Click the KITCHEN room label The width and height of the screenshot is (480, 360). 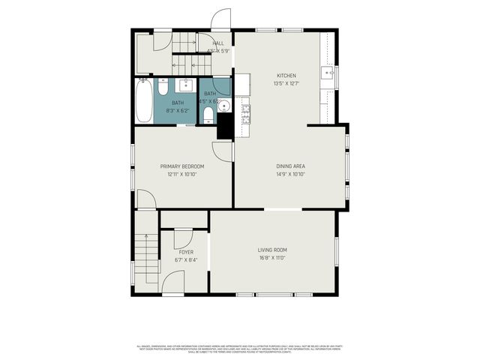pyautogui.click(x=286, y=76)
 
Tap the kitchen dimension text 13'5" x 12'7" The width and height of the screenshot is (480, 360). pyautogui.click(x=286, y=83)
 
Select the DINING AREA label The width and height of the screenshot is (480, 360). pyautogui.click(x=289, y=166)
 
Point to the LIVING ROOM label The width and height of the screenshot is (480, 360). pyautogui.click(x=272, y=250)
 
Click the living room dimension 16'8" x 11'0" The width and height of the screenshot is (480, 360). pyautogui.click(x=272, y=258)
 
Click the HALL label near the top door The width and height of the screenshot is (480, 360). pyautogui.click(x=218, y=43)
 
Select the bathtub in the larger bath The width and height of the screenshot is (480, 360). pyautogui.click(x=143, y=102)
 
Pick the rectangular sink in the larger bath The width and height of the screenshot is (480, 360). pyautogui.click(x=185, y=85)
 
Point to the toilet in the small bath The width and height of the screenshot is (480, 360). pyautogui.click(x=208, y=114)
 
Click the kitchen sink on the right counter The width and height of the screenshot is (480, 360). pyautogui.click(x=327, y=73)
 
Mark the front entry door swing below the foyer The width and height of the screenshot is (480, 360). pyautogui.click(x=172, y=282)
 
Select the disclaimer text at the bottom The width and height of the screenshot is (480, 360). pyautogui.click(x=240, y=349)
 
